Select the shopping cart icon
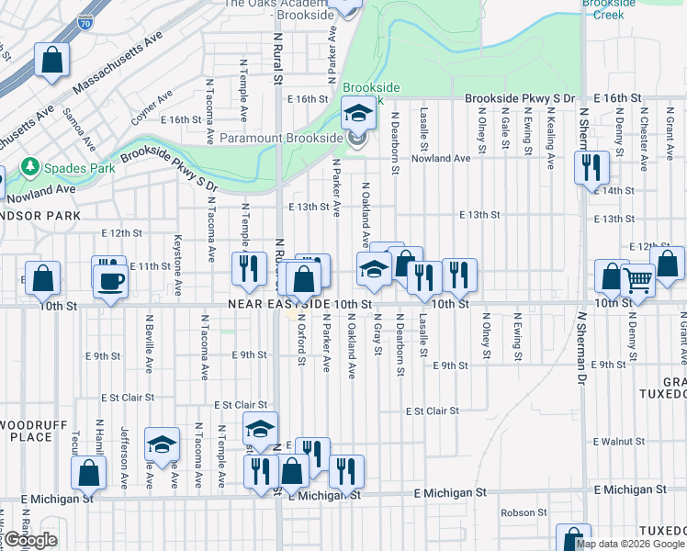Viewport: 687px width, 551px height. click(x=637, y=280)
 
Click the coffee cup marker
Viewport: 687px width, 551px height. click(x=110, y=280)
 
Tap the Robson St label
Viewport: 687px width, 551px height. click(x=524, y=512)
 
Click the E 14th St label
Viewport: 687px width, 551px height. click(x=614, y=191)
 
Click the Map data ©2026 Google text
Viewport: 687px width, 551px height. click(x=631, y=544)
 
